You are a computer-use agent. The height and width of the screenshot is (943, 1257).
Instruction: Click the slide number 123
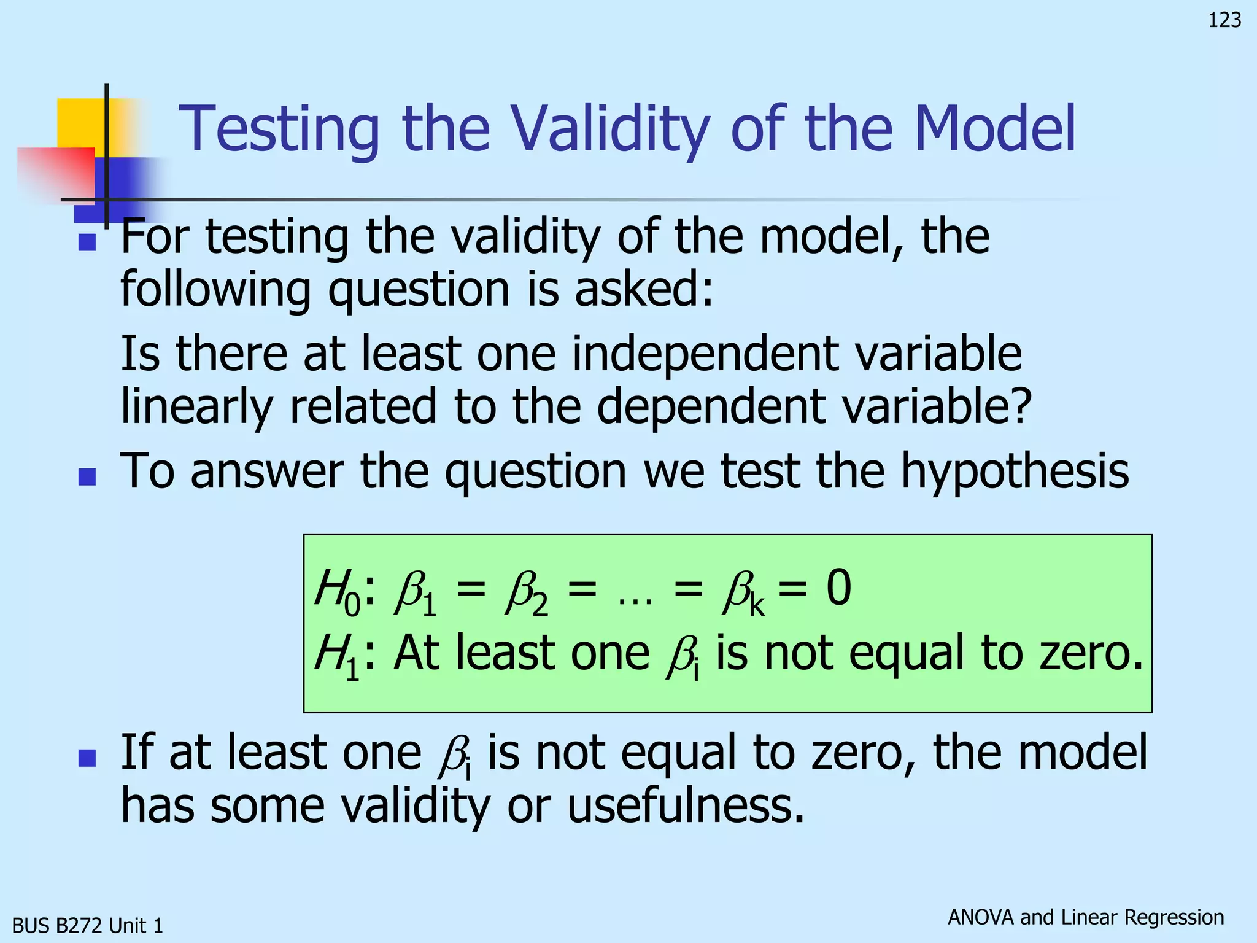pyautogui.click(x=1224, y=20)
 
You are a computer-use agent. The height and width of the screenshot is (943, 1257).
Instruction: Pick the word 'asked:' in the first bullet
pyautogui.click(x=644, y=289)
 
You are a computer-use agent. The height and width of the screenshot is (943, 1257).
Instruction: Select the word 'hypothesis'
pyautogui.click(x=1014, y=471)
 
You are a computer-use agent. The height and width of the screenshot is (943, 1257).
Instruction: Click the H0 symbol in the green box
pyautogui.click(x=337, y=591)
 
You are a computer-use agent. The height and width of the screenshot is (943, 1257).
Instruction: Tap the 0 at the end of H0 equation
pyautogui.click(x=838, y=588)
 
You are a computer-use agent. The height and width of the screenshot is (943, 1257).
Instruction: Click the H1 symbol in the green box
pyautogui.click(x=337, y=656)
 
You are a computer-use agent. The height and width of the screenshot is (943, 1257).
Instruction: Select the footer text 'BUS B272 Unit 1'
pyautogui.click(x=88, y=925)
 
